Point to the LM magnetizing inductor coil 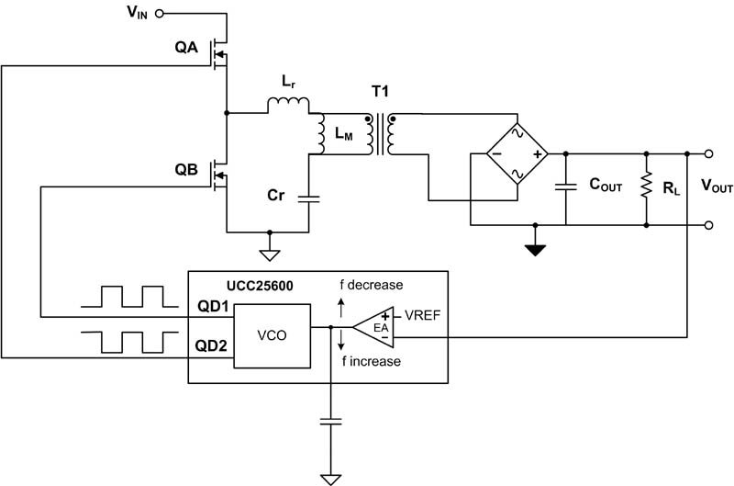(322, 136)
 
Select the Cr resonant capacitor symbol (312, 197)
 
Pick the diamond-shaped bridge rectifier (516, 153)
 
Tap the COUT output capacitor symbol (566, 186)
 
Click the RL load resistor (647, 187)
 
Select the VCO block (272, 335)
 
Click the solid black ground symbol (536, 248)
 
